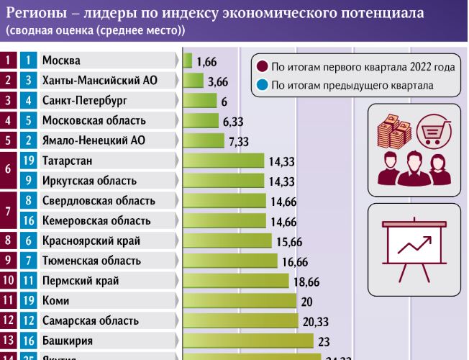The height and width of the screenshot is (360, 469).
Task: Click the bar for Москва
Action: click(x=188, y=61)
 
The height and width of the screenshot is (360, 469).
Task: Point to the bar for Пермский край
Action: click(x=236, y=281)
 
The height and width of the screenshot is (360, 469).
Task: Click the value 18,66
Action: click(x=305, y=281)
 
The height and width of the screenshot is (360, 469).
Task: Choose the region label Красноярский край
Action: click(x=91, y=240)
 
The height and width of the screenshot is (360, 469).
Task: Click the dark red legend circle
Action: click(x=262, y=67)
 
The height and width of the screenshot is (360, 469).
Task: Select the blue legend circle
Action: click(x=262, y=86)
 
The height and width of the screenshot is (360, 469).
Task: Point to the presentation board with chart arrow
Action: click(x=412, y=248)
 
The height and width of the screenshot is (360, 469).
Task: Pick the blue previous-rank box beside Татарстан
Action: click(x=28, y=161)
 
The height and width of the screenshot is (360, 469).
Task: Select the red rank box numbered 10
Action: click(x=8, y=281)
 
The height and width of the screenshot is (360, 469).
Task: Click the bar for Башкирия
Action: click(x=249, y=341)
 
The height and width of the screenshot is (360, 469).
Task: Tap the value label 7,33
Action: click(x=238, y=141)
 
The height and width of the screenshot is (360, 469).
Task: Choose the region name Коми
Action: click(x=55, y=301)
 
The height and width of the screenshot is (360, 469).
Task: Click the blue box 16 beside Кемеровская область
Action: click(x=28, y=220)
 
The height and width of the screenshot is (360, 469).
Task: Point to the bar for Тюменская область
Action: click(x=231, y=261)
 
